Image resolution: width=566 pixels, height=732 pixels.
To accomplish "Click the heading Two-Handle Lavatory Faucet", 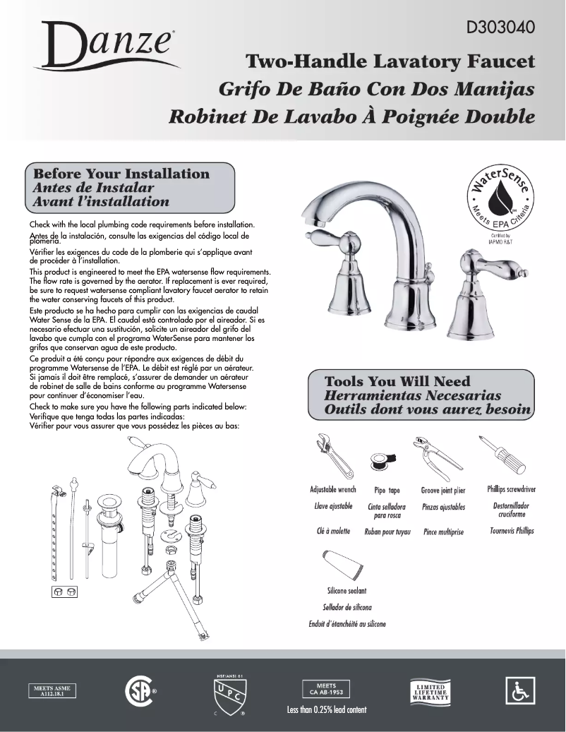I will click(x=389, y=62).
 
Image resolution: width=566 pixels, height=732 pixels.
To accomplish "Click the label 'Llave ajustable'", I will click(x=333, y=506).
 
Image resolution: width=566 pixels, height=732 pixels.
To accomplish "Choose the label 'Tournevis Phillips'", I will click(x=512, y=531).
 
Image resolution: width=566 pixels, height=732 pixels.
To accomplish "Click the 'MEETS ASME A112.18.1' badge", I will click(x=53, y=690).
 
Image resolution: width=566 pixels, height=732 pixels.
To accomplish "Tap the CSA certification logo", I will click(x=138, y=690).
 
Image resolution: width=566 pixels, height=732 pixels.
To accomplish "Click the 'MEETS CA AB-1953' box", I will click(x=326, y=689).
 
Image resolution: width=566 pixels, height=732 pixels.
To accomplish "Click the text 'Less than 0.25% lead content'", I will click(x=326, y=709).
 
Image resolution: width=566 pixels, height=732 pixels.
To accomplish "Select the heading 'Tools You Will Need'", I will click(x=397, y=382).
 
